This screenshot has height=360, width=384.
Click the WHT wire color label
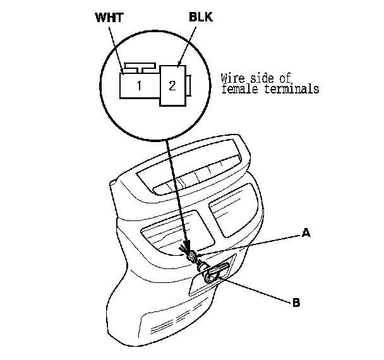click(x=109, y=18)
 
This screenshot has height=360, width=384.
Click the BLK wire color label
click(x=201, y=17)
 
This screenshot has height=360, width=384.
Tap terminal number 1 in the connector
click(x=139, y=86)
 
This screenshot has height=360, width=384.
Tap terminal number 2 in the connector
click(x=172, y=86)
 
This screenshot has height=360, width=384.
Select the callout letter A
click(x=306, y=232)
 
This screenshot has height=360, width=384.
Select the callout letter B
click(x=296, y=303)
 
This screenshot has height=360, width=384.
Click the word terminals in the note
click(x=292, y=88)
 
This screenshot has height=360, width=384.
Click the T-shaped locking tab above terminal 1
click(x=140, y=68)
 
